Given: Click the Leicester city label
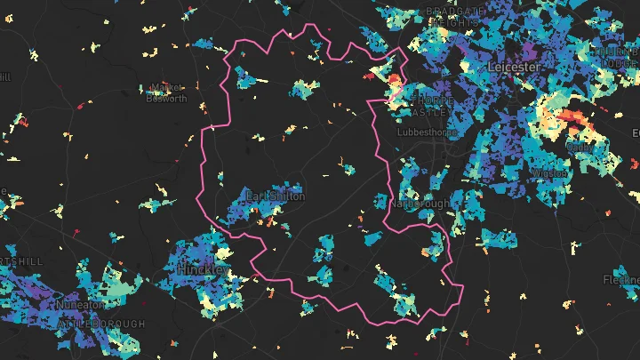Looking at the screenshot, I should (513, 67).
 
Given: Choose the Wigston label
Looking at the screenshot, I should (549, 173).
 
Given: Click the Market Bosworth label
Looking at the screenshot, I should (169, 93).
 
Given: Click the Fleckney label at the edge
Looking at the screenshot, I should (622, 280).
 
